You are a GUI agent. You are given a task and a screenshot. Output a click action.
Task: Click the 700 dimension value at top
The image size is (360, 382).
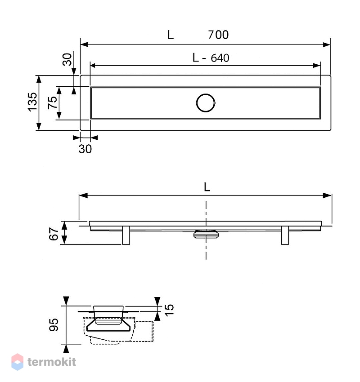tap(218, 35)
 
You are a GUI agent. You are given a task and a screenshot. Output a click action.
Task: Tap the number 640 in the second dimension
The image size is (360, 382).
tap(220, 58)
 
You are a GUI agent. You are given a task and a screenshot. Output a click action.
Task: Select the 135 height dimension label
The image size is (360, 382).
tap(32, 102)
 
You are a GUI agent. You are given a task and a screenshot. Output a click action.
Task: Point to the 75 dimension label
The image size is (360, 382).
tap(53, 102)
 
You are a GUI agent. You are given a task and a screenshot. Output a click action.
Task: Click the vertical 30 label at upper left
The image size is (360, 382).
tap(67, 59)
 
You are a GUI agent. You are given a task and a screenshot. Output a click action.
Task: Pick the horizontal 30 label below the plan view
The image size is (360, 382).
tap(85, 149)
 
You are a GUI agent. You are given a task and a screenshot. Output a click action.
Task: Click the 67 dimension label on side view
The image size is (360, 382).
tap(54, 234)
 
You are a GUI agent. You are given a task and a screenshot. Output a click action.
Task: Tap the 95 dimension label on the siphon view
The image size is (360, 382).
tap(54, 324)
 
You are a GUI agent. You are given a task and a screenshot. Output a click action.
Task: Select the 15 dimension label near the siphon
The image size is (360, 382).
tap(169, 310)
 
